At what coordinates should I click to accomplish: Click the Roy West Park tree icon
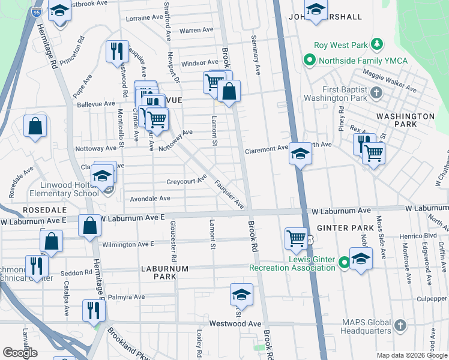click(x=377, y=44)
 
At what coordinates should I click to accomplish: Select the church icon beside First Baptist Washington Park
click(x=376, y=92)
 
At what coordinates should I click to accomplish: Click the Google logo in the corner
click(x=20, y=353)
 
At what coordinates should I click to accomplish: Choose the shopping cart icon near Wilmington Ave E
click(x=296, y=238)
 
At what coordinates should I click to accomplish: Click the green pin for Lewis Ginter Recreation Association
click(x=344, y=262)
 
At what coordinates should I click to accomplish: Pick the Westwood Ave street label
click(x=235, y=323)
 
